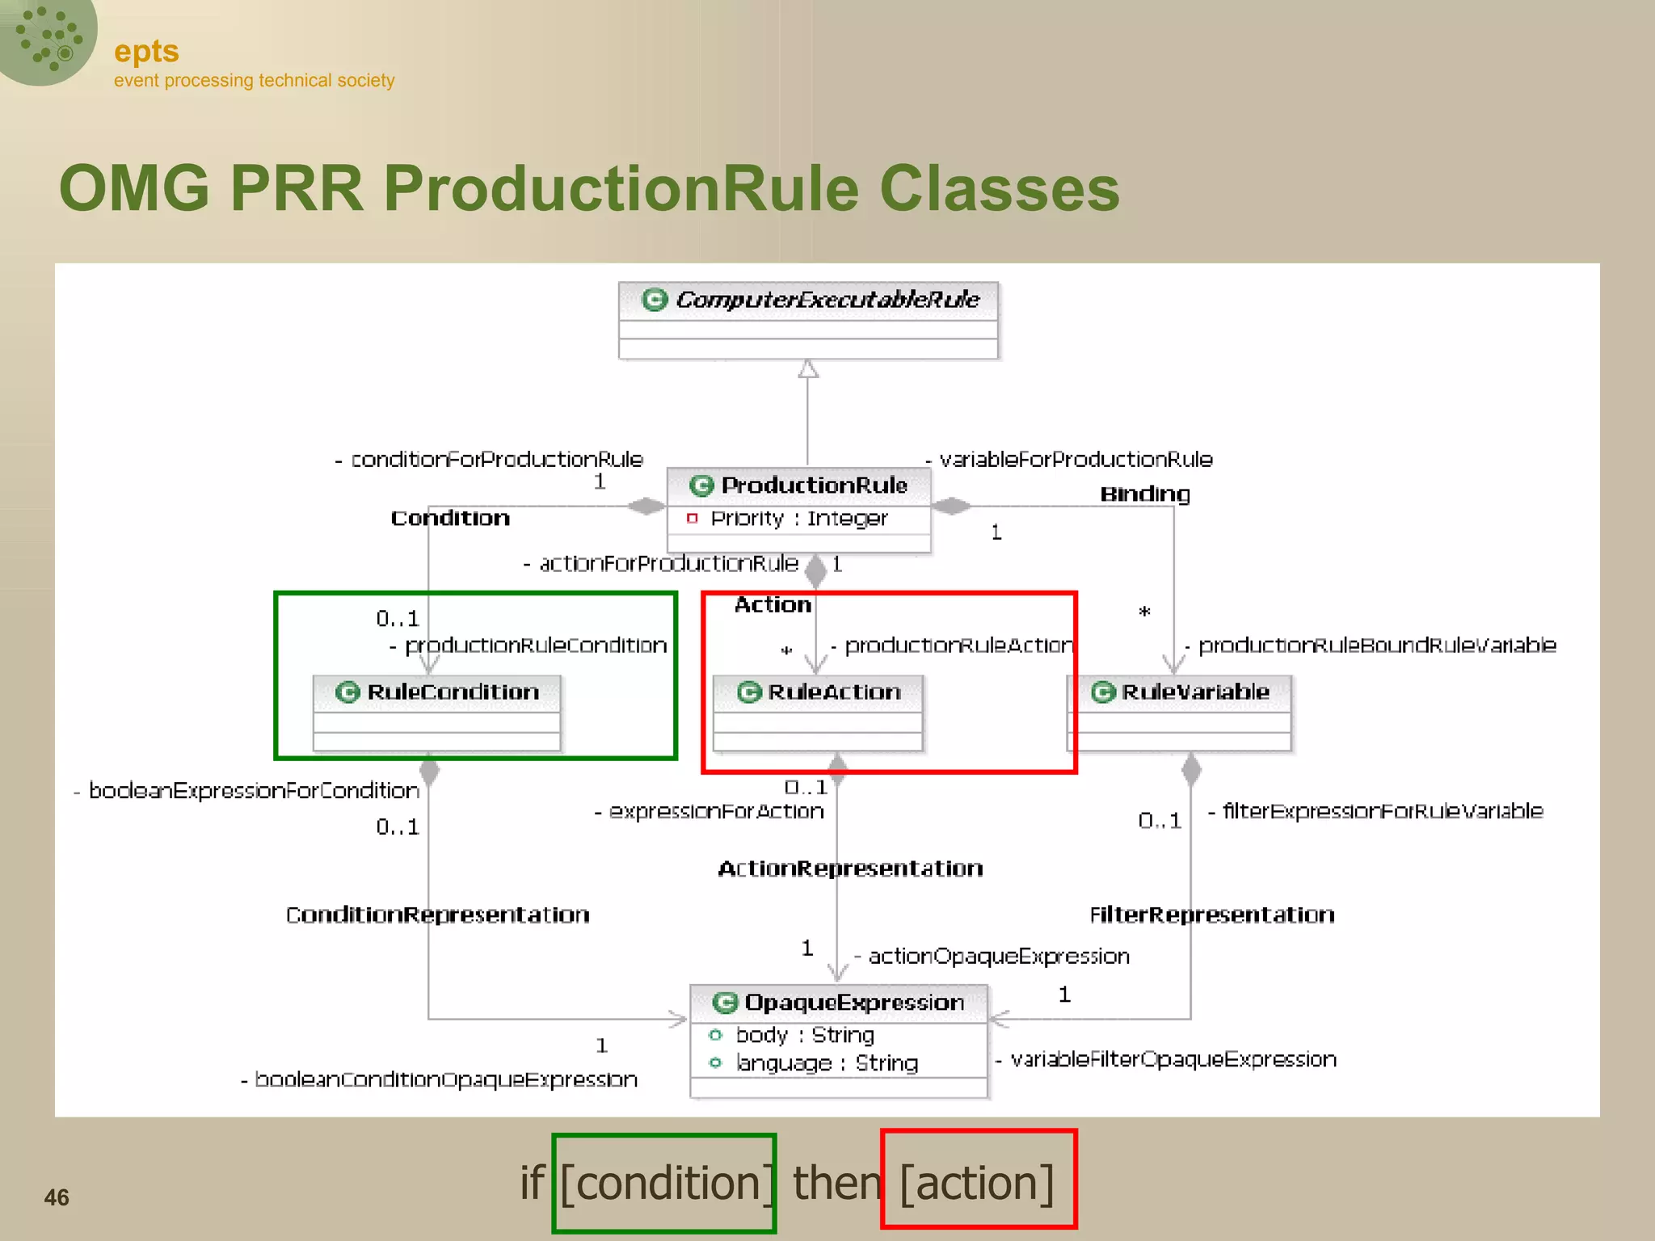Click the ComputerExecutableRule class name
827,300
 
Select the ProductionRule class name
814,485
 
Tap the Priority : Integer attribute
798,519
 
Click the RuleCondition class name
453,692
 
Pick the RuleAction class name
834,692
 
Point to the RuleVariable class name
1194,692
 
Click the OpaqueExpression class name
853,1003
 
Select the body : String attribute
804,1035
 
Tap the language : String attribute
826,1063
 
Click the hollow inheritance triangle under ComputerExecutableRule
808,370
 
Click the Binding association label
1145,494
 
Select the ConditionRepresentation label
437,915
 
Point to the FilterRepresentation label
1211,915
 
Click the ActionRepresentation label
850,869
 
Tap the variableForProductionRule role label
1075,460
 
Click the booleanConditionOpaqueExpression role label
445,1079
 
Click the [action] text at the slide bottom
977,1184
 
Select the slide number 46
57,1197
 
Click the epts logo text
146,52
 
